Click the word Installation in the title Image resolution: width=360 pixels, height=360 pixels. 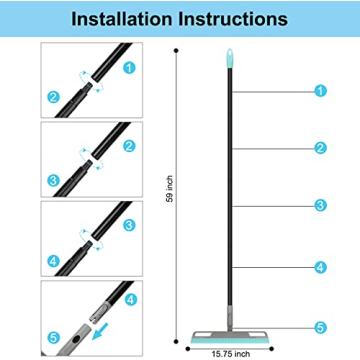[x=122, y=19]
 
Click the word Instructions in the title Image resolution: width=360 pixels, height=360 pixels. [x=233, y=19]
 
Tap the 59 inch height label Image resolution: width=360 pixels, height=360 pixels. [x=170, y=189]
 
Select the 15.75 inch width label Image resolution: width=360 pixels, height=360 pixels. [x=230, y=354]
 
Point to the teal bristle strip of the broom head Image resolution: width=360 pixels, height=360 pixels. [x=230, y=340]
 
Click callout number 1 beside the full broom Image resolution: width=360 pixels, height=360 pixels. [x=320, y=91]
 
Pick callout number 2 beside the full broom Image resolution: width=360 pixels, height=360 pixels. [x=320, y=148]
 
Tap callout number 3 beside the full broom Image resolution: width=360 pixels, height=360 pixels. [x=320, y=206]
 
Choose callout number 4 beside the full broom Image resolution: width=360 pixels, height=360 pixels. [x=320, y=267]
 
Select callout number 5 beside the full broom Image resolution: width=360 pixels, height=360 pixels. [x=320, y=328]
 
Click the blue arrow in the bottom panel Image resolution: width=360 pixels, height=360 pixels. [x=100, y=332]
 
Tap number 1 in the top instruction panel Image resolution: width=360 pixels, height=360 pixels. [x=129, y=68]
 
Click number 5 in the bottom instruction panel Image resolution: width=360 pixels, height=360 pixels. [x=54, y=337]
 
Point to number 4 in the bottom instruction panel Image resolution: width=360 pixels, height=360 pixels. [x=131, y=300]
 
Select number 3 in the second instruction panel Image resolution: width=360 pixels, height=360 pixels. [x=54, y=181]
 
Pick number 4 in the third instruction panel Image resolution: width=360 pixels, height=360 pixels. [x=54, y=261]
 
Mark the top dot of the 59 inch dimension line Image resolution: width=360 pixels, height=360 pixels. [x=176, y=50]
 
